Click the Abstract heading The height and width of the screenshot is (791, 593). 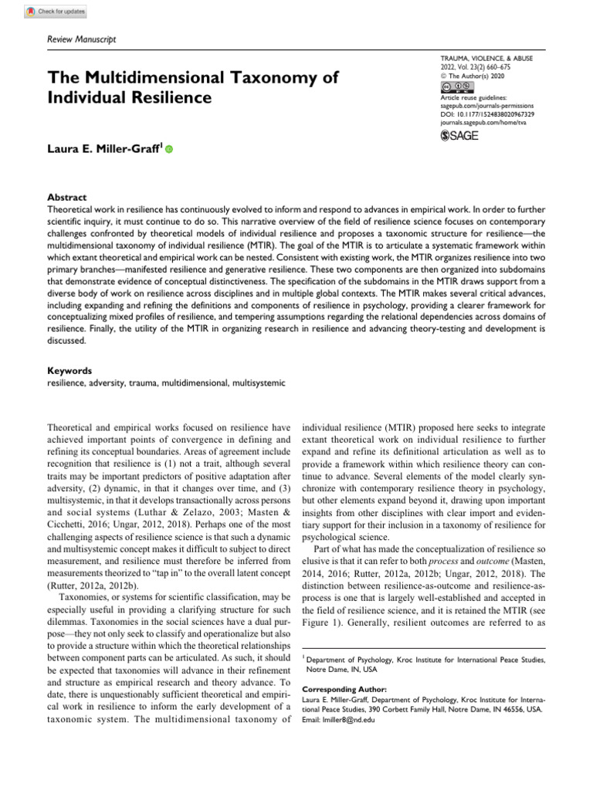66,197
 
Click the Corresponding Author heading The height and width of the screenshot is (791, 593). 339,688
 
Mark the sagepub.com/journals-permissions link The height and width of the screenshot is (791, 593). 486,106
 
